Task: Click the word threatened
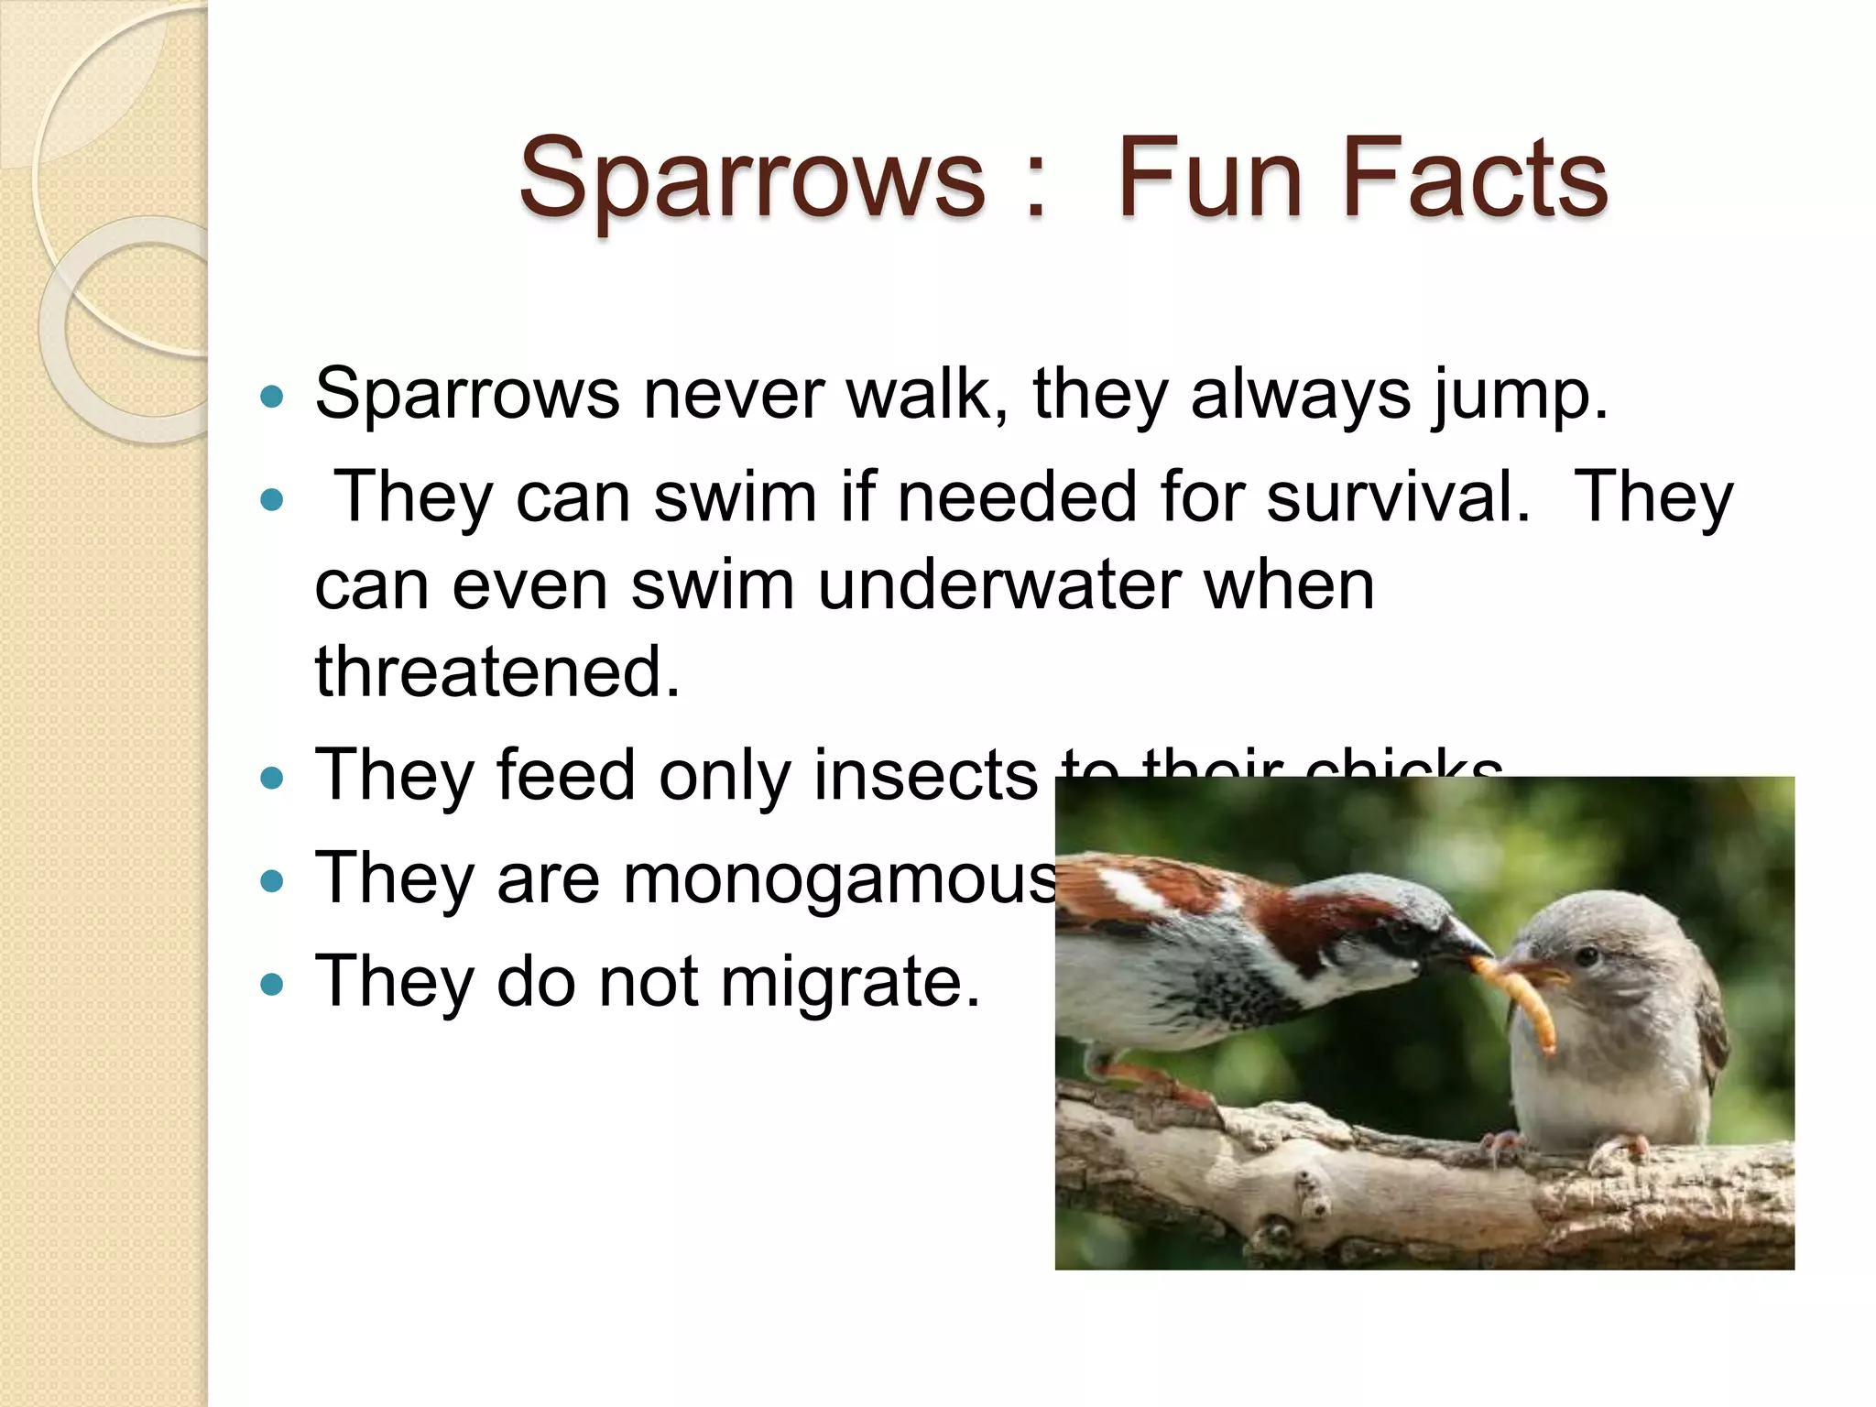tap(497, 671)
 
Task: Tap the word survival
tap(1398, 497)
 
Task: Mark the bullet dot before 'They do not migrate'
tap(272, 985)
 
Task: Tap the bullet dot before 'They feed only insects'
tap(272, 779)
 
